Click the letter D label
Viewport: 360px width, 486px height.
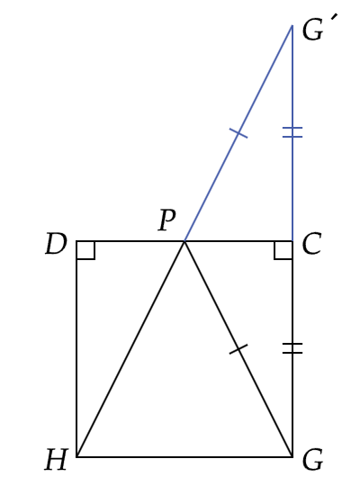56,244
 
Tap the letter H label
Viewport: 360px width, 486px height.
56,460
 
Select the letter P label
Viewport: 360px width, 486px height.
167,220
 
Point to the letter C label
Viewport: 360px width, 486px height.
311,244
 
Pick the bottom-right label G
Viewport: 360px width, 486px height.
312,460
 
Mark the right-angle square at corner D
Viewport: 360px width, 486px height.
85,250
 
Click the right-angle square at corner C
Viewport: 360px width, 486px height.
283,250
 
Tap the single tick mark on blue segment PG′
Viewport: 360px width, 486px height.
238,133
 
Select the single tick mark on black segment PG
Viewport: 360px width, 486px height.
238,349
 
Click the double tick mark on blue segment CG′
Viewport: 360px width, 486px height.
292,132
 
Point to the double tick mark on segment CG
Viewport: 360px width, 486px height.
292,348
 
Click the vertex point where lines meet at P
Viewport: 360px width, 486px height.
184,241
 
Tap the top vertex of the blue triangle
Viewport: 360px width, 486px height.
292,25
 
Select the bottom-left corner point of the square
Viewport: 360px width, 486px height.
76,456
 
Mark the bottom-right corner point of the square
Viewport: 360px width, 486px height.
292,456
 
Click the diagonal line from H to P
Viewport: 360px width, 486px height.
130,348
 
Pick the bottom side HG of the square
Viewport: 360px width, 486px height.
184,456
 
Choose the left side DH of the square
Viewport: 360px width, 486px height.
76,348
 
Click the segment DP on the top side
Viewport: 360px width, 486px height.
130,241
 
